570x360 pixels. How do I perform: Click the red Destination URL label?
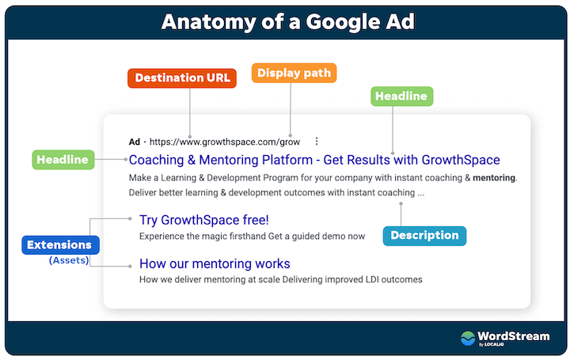coord(182,78)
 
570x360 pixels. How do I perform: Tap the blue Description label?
coord(424,236)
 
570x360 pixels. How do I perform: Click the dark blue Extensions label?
coord(61,245)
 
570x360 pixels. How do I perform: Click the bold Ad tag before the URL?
coord(134,142)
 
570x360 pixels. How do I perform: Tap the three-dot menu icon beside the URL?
coord(317,142)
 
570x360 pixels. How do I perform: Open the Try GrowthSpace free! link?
coord(204,220)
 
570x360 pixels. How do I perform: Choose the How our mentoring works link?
coord(215,263)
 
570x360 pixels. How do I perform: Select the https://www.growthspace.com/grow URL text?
coord(225,142)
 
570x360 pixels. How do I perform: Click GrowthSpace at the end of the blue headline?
coord(461,160)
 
